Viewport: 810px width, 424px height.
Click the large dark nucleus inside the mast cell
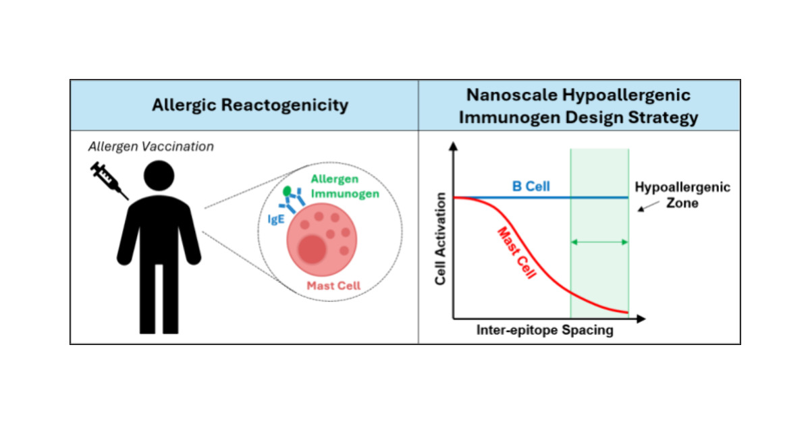(x=311, y=250)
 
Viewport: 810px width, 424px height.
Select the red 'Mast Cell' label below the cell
(x=333, y=286)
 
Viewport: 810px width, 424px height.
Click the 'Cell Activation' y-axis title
(x=441, y=238)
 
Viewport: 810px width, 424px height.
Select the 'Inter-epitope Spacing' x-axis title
(x=545, y=331)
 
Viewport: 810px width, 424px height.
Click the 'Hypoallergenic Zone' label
(x=682, y=194)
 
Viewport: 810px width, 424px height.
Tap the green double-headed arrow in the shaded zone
(x=599, y=242)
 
